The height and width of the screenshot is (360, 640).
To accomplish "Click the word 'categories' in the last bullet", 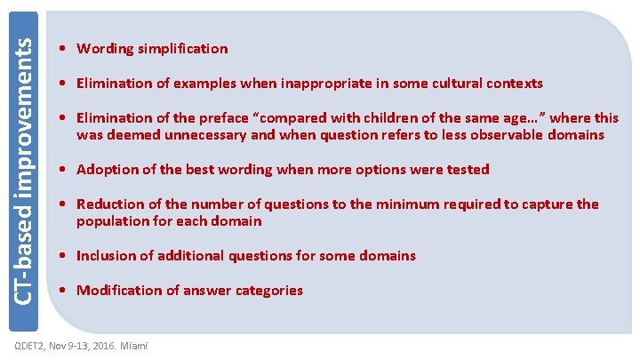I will pos(268,291).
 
